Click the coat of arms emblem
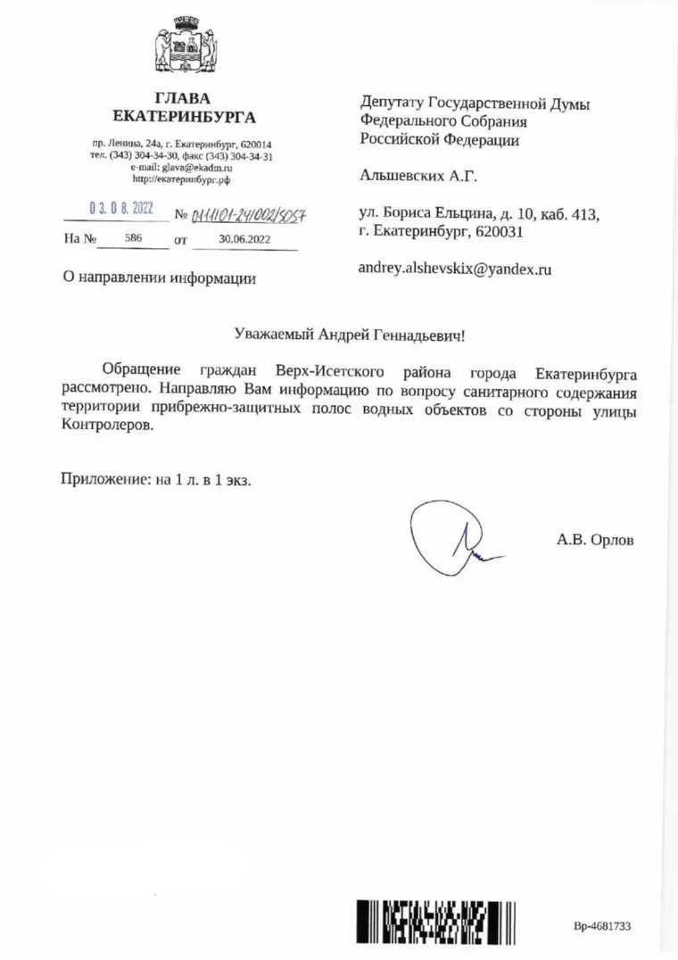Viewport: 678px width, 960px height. [x=183, y=46]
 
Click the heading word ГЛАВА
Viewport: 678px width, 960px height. [x=182, y=98]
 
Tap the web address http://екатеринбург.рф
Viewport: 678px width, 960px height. [x=181, y=178]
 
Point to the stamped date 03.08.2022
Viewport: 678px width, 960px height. [x=121, y=209]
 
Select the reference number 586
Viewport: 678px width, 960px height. [x=134, y=239]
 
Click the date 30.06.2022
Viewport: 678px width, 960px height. [x=244, y=239]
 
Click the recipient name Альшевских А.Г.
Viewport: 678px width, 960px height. [x=418, y=176]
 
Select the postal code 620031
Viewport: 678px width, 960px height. [x=500, y=231]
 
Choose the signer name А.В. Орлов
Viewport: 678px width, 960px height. [x=595, y=540]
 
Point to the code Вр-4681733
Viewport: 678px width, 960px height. [x=602, y=927]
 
